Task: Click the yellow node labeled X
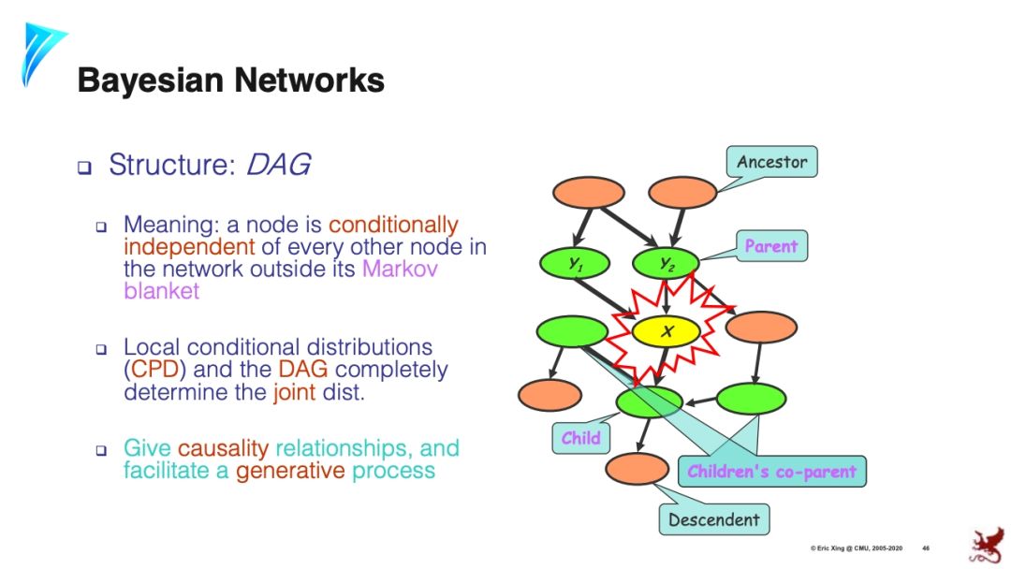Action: coord(667,330)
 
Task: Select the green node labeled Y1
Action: coord(575,263)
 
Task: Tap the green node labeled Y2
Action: coord(667,263)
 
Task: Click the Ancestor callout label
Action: coord(771,162)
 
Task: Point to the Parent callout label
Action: coord(770,246)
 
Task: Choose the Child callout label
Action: coord(580,438)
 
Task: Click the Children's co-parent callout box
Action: coord(771,471)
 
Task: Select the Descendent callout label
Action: coord(714,519)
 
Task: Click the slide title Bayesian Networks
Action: coord(230,80)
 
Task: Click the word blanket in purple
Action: coord(161,290)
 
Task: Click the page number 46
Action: coord(925,547)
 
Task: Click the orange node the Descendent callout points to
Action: coord(637,468)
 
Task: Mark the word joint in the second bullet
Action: coord(294,392)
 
